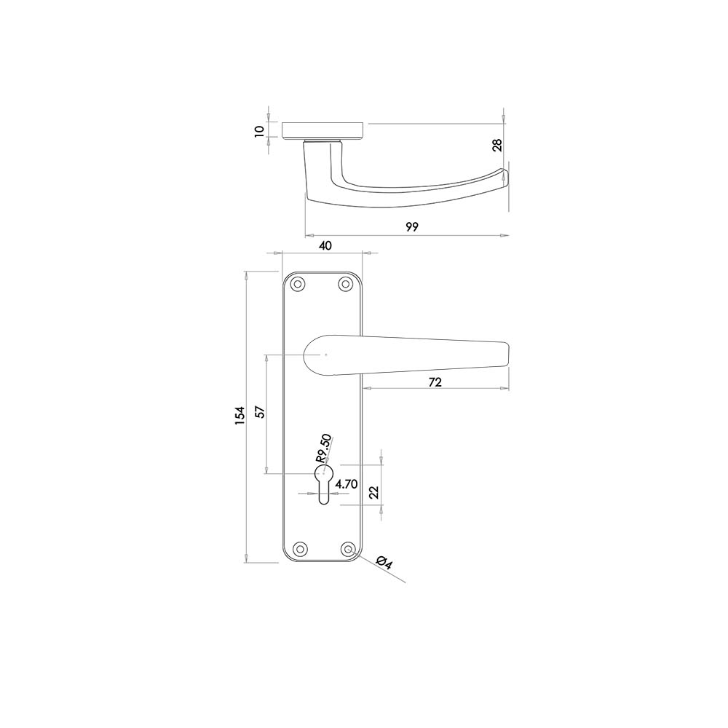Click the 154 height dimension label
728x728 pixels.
pyautogui.click(x=240, y=416)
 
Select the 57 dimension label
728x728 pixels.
pyautogui.click(x=261, y=412)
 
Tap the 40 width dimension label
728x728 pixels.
pyautogui.click(x=325, y=245)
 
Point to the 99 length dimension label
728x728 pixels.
pyautogui.click(x=412, y=226)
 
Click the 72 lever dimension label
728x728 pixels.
pyautogui.click(x=435, y=382)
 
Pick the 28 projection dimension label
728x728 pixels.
pyautogui.click(x=497, y=146)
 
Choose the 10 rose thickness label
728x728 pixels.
pyautogui.click(x=260, y=131)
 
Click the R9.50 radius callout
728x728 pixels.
pyautogui.click(x=324, y=448)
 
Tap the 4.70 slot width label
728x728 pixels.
pyautogui.click(x=347, y=484)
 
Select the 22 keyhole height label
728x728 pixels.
pyautogui.click(x=374, y=492)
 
